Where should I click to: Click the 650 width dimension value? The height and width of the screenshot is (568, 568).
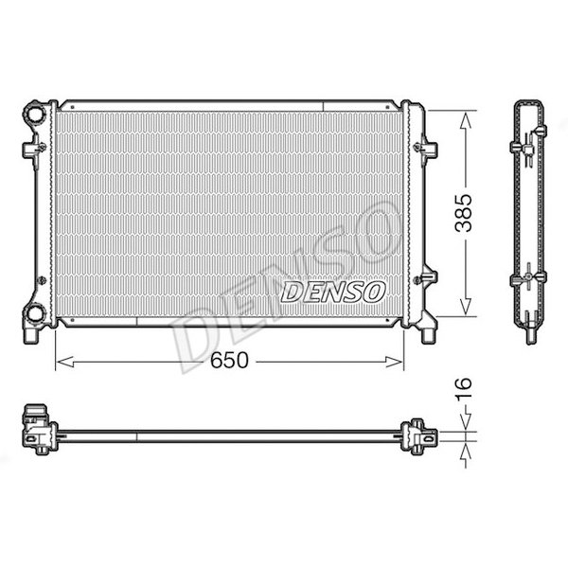click(x=230, y=362)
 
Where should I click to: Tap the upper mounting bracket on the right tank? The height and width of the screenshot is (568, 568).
click(x=428, y=148)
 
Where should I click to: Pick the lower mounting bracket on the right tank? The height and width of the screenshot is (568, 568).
click(x=428, y=279)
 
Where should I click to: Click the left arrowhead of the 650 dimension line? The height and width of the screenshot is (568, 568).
click(x=62, y=362)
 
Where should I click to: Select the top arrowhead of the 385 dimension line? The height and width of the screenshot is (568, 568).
click(x=464, y=116)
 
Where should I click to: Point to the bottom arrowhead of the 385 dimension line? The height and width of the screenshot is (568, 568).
click(x=464, y=309)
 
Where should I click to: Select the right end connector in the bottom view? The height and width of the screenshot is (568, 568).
click(x=420, y=436)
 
